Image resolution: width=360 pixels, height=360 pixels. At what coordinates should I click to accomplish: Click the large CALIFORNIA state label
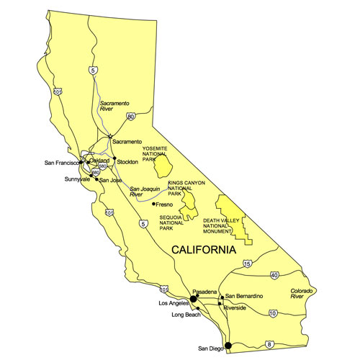(x=204, y=251)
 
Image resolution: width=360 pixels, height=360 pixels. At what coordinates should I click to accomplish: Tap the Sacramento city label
(x=127, y=142)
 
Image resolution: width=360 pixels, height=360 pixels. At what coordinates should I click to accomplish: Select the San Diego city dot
(x=228, y=346)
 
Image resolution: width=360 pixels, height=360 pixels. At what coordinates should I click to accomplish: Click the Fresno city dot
(x=153, y=204)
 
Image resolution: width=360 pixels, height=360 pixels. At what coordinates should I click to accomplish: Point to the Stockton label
(x=127, y=163)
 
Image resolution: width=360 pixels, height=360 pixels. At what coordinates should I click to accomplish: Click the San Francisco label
(x=60, y=163)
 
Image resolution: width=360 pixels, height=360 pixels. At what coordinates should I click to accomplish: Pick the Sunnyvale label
(x=77, y=178)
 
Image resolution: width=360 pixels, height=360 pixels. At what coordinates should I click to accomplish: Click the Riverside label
(x=235, y=307)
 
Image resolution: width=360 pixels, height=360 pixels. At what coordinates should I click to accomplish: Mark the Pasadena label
(x=205, y=291)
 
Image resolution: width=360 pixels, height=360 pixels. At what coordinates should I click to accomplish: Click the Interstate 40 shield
(x=274, y=275)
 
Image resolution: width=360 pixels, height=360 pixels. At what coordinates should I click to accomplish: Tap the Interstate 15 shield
(x=247, y=264)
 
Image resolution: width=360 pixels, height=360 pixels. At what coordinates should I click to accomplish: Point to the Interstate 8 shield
(x=270, y=345)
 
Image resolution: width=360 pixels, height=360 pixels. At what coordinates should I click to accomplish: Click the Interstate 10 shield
(x=273, y=312)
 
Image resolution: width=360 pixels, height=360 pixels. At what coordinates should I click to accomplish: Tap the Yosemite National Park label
(x=155, y=153)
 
